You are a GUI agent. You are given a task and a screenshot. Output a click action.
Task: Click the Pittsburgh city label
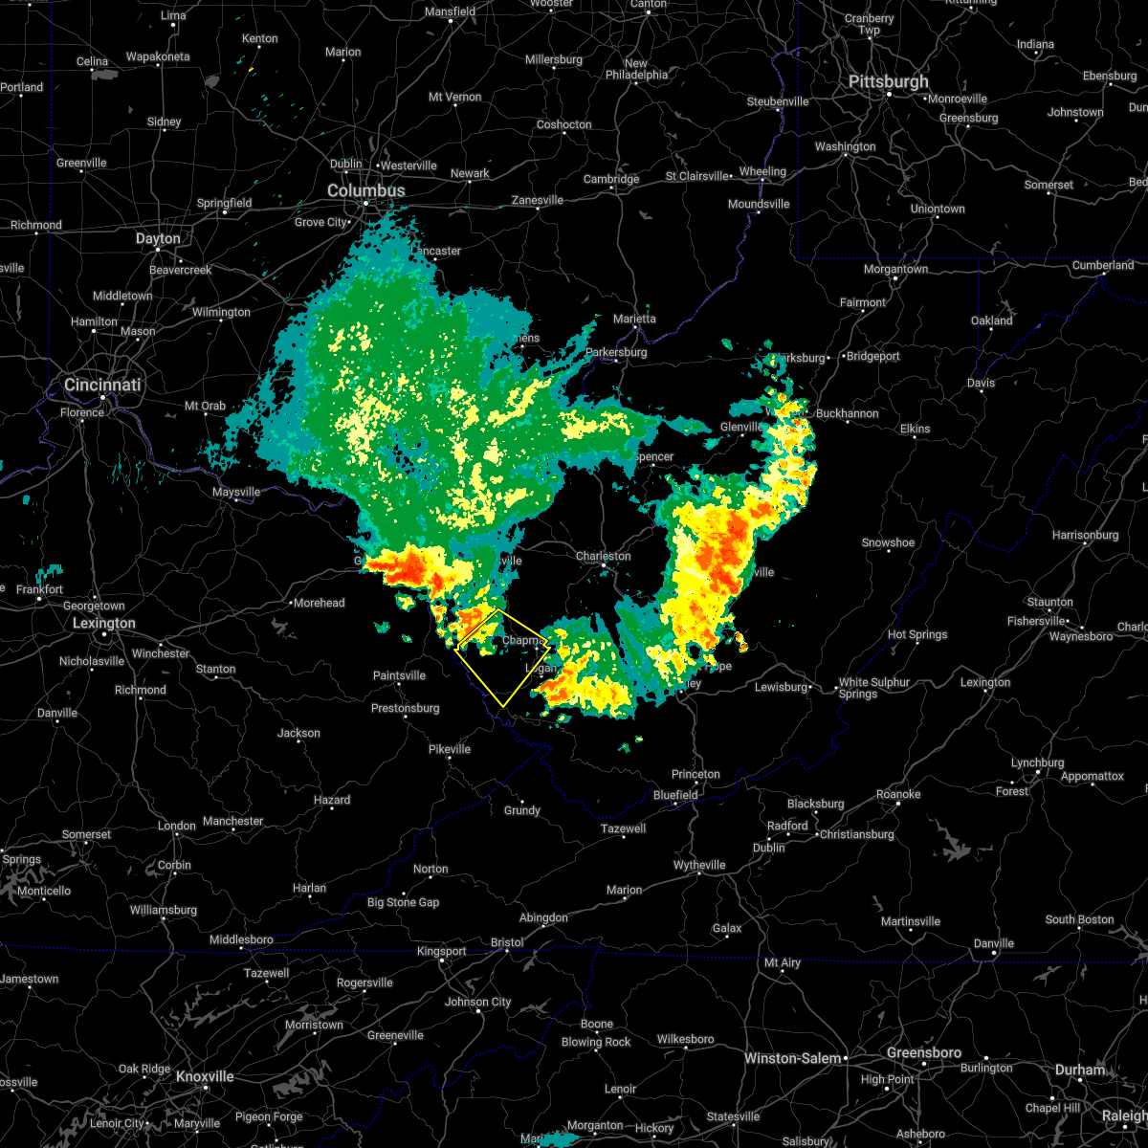(x=888, y=82)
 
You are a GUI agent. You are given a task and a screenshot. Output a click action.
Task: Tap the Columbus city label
(x=365, y=191)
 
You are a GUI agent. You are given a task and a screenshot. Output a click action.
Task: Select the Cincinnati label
(x=102, y=386)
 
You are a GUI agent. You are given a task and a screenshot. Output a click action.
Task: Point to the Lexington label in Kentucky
(x=104, y=624)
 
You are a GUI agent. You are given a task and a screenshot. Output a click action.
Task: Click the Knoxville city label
(x=206, y=1076)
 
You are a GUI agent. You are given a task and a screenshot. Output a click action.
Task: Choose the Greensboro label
(x=923, y=1053)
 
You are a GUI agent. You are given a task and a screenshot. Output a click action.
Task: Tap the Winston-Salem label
(x=794, y=1059)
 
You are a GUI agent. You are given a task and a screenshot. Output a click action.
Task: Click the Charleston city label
(x=603, y=557)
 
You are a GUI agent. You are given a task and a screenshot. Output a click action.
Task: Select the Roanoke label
(x=898, y=795)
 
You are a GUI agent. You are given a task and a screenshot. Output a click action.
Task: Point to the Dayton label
(x=158, y=239)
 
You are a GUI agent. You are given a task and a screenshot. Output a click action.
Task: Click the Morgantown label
(x=895, y=270)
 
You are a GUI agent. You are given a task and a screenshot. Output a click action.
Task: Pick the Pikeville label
(x=449, y=749)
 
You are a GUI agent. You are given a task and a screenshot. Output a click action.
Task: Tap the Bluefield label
(x=675, y=795)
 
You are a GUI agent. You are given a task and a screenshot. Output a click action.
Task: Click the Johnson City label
(x=477, y=1003)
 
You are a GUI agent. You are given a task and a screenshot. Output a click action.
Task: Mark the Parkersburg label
(x=616, y=353)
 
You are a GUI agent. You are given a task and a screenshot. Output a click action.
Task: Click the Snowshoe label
(x=888, y=543)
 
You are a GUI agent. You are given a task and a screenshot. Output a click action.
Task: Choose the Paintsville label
(x=399, y=676)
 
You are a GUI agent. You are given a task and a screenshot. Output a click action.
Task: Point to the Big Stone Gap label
(x=403, y=903)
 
